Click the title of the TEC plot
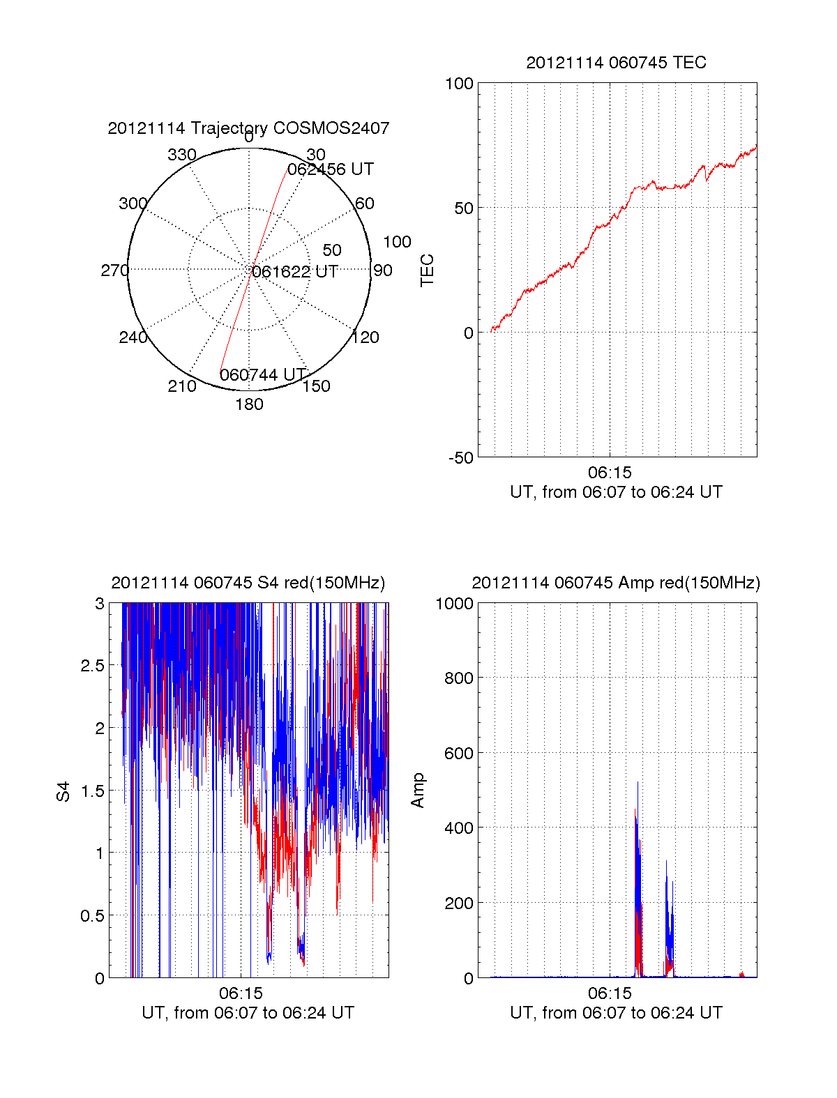[x=616, y=63]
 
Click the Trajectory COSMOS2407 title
[x=248, y=128]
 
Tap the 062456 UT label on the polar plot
[x=331, y=169]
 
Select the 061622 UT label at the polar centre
[x=295, y=272]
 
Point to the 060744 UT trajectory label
[x=263, y=375]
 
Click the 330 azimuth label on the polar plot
[x=182, y=155]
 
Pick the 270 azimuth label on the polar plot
[x=114, y=270]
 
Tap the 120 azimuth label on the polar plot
[x=365, y=337]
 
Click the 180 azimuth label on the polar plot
[x=249, y=404]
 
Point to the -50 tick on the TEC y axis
[x=460, y=458]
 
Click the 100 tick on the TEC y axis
[x=459, y=84]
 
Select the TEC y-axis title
[x=427, y=270]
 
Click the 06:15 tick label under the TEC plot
[x=610, y=473]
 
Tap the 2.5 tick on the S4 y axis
[x=92, y=666]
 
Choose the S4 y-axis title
[x=63, y=791]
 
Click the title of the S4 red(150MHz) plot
[x=248, y=583]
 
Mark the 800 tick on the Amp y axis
[x=458, y=678]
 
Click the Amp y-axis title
[x=418, y=791]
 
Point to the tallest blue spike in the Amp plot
[x=638, y=784]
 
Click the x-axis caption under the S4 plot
[x=248, y=1013]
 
